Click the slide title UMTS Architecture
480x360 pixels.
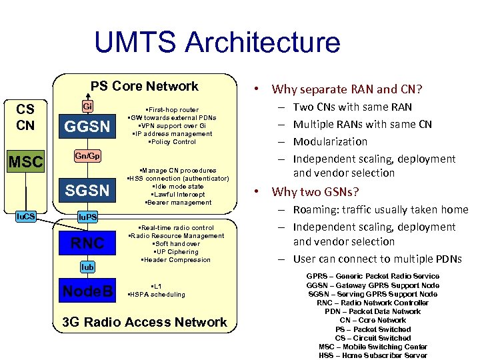pyautogui.click(x=217, y=43)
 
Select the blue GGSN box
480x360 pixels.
pyautogui.click(x=87, y=127)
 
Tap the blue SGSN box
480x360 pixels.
pyautogui.click(x=87, y=190)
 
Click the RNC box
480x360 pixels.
pyautogui.click(x=88, y=243)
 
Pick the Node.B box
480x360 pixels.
pyautogui.click(x=87, y=291)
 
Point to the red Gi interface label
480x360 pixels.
pyautogui.click(x=88, y=106)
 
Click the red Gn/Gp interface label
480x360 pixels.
pyautogui.click(x=87, y=156)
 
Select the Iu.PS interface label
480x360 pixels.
pyautogui.click(x=88, y=217)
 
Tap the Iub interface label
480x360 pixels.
pyautogui.click(x=88, y=267)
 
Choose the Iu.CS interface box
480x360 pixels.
pyautogui.click(x=27, y=215)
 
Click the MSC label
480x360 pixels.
pyautogui.click(x=25, y=162)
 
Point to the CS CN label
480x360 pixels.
pyautogui.click(x=25, y=117)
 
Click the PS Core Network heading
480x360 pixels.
pyautogui.click(x=145, y=86)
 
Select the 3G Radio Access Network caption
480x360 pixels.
pyautogui.click(x=145, y=323)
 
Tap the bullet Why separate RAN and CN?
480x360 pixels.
pyautogui.click(x=348, y=89)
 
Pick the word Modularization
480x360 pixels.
pyautogui.click(x=330, y=141)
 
